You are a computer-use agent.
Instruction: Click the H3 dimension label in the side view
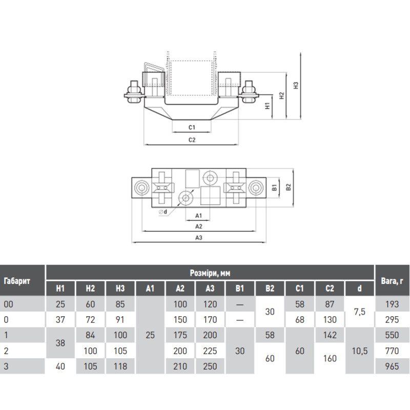click(296, 86)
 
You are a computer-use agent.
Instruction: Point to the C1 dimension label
click(192, 127)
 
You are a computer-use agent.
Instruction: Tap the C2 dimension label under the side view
click(192, 140)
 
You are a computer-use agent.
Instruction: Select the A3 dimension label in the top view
click(199, 238)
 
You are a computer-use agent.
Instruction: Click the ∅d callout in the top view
click(162, 212)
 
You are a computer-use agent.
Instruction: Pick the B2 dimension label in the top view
click(289, 187)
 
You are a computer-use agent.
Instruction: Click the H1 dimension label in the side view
click(267, 106)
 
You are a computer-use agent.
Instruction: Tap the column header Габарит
click(17, 281)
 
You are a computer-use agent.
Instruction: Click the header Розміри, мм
click(210, 273)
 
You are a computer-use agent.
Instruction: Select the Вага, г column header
click(392, 281)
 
